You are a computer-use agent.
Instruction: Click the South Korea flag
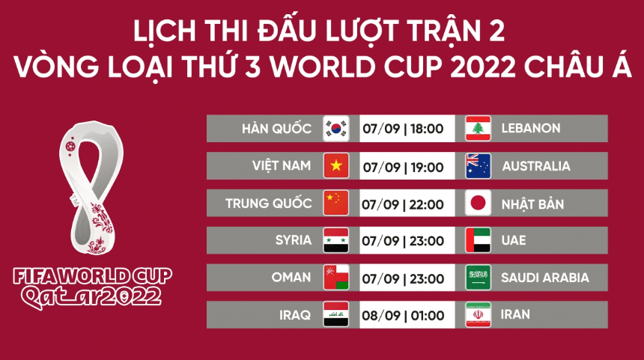click(335, 129)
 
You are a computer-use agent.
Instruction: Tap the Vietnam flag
click(335, 165)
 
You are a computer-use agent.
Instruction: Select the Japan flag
click(478, 203)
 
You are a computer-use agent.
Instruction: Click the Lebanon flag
click(478, 129)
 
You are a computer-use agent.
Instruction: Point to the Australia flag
click(478, 165)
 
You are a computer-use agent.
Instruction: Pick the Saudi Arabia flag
click(478, 278)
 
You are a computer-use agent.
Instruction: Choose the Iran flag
click(478, 315)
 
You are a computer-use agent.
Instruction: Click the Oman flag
click(335, 278)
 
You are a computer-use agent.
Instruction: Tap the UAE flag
click(478, 240)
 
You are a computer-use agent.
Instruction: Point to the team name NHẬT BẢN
click(533, 204)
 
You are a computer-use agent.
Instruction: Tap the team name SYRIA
click(293, 240)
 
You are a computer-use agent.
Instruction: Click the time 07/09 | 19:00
click(403, 166)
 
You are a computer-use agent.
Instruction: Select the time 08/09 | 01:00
click(403, 315)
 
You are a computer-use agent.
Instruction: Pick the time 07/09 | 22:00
click(403, 204)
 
